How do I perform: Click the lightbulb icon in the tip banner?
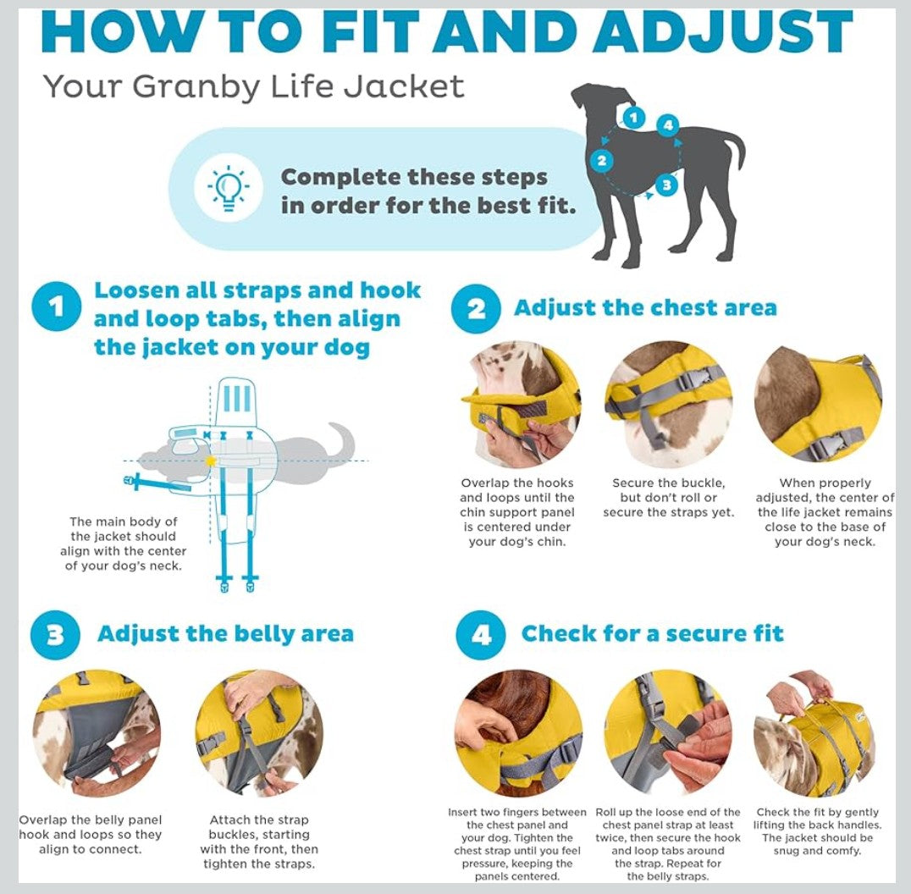pos(229,188)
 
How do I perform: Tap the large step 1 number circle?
pos(57,306)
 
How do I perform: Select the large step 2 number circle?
pos(476,308)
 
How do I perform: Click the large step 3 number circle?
pos(55,635)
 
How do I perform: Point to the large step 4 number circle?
pos(481,635)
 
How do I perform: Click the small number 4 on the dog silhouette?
pos(668,125)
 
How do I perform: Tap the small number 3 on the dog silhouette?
pos(666,185)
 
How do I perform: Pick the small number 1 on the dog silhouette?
pos(634,118)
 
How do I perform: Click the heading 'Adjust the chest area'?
pos(645,307)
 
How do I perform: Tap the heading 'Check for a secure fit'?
pos(653,633)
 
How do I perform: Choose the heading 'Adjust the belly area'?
pos(225,633)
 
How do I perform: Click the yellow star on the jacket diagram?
pos(210,461)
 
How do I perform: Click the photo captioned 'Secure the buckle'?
pos(668,404)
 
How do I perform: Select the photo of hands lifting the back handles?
pos(815,733)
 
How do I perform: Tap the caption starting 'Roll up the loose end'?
pos(667,844)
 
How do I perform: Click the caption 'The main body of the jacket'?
pos(123,544)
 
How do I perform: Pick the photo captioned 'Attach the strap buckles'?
pos(259,733)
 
